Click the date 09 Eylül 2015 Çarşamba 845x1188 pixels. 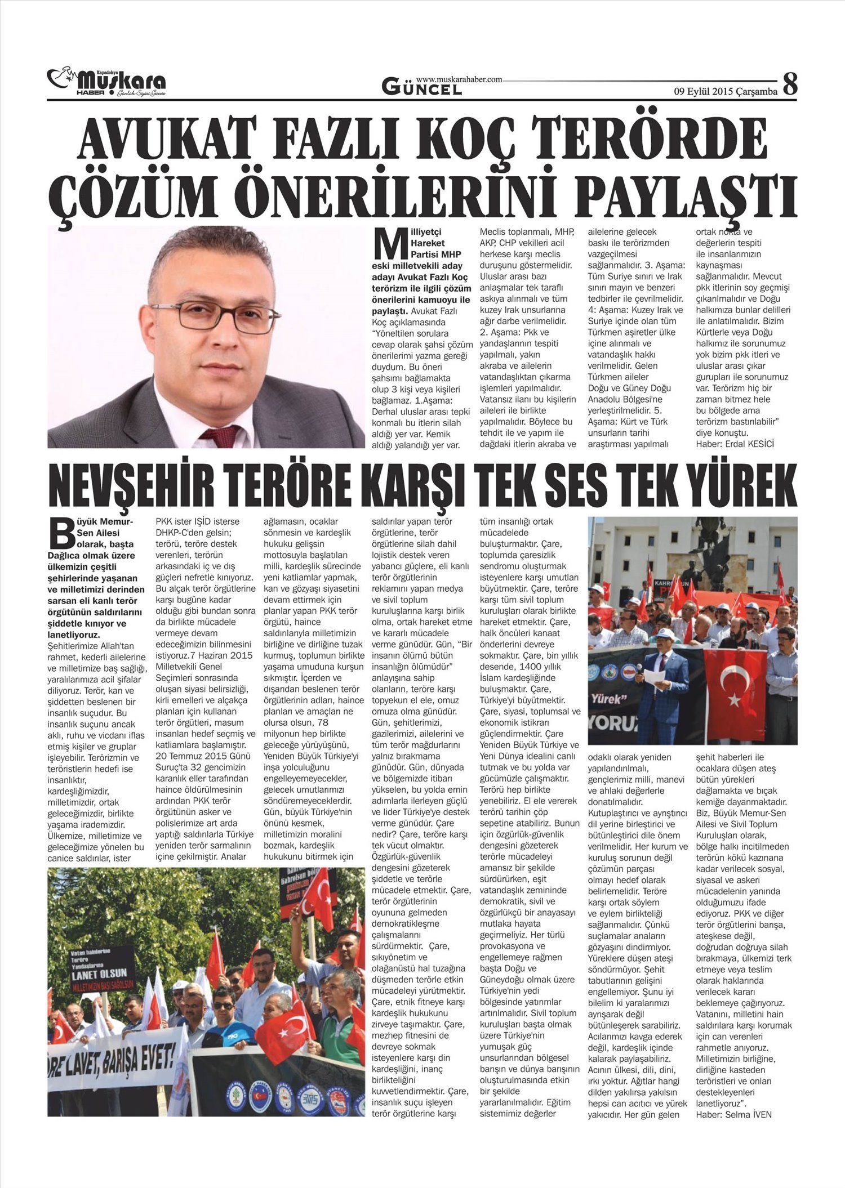pyautogui.click(x=726, y=90)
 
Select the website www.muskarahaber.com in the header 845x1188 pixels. pyautogui.click(x=459, y=80)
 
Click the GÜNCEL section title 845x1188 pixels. pyautogui.click(x=421, y=88)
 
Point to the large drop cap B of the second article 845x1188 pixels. pyautogui.click(x=61, y=533)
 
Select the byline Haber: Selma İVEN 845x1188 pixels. pyautogui.click(x=733, y=1114)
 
